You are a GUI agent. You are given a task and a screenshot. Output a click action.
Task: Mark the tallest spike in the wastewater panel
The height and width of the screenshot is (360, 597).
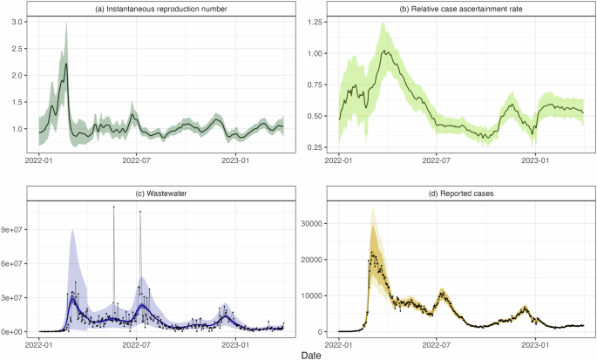113,207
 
